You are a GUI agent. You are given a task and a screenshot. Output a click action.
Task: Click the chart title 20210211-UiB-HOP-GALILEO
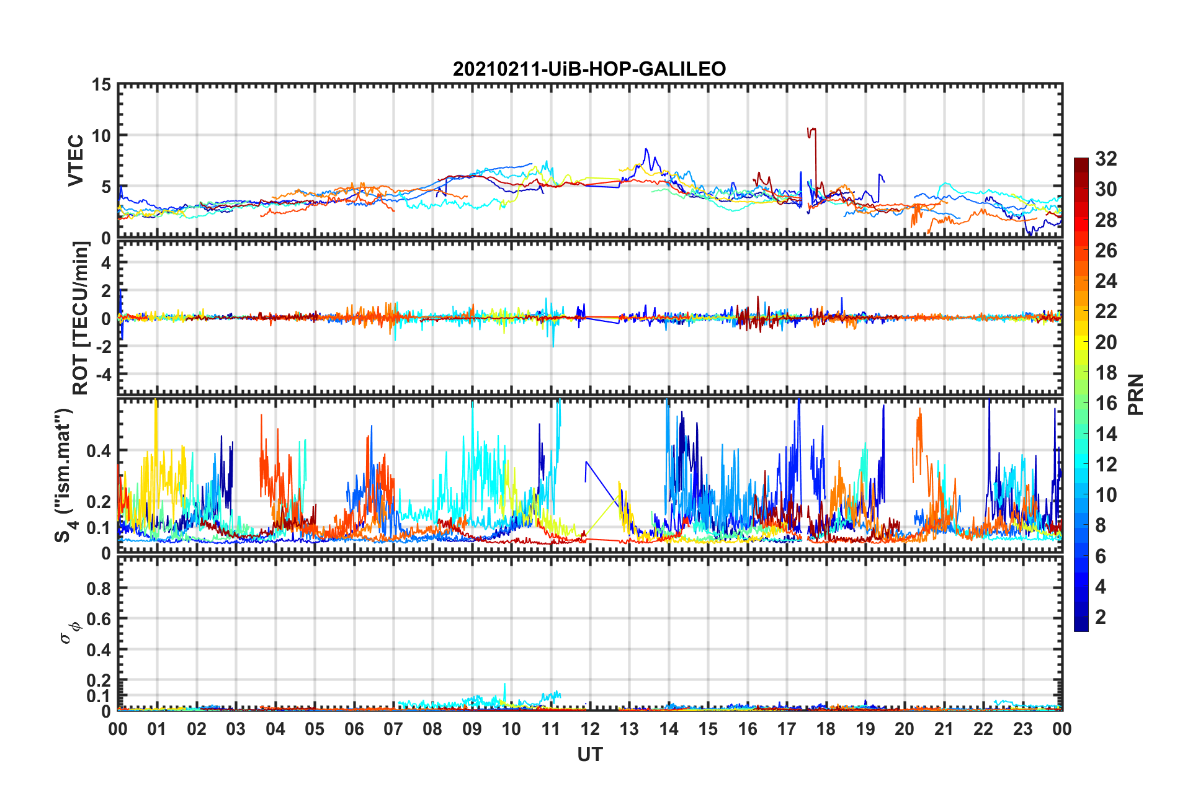click(x=589, y=69)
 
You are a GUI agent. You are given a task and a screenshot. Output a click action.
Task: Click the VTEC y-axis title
click(x=76, y=161)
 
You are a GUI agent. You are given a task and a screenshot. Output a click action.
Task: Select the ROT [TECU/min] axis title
click(x=81, y=318)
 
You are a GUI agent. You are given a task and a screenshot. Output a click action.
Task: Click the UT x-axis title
click(x=589, y=754)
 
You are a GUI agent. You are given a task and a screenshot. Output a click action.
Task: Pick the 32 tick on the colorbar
click(x=1106, y=159)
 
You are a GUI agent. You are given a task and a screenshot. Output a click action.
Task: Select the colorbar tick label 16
click(x=1106, y=403)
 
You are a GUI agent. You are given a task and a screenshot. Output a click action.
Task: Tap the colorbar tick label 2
click(x=1101, y=617)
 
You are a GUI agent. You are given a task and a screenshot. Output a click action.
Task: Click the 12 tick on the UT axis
click(x=590, y=729)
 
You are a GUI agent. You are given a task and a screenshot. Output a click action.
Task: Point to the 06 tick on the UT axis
click(x=354, y=729)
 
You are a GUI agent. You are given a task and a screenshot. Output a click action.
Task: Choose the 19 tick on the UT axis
click(x=865, y=729)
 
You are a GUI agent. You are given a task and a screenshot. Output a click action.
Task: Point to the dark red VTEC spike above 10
click(x=811, y=130)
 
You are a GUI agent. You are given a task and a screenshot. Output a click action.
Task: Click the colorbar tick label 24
click(x=1106, y=281)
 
